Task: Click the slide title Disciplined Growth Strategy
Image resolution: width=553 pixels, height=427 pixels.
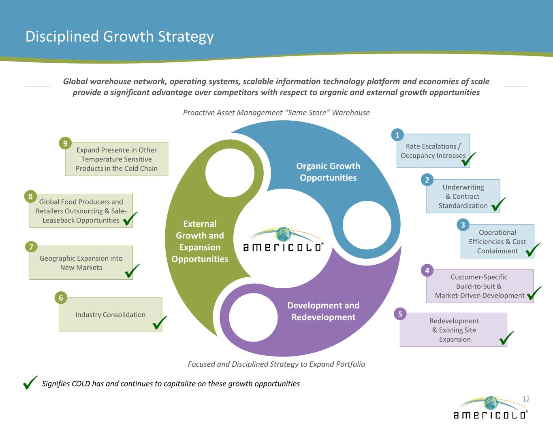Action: click(x=120, y=36)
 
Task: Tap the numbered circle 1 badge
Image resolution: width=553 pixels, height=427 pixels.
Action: click(x=397, y=135)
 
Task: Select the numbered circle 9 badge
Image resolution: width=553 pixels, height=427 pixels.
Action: click(x=65, y=143)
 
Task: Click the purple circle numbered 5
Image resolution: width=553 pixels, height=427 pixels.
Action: click(x=400, y=314)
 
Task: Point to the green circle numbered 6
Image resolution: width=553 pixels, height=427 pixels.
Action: click(x=61, y=297)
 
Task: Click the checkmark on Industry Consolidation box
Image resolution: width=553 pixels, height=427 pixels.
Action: click(x=160, y=323)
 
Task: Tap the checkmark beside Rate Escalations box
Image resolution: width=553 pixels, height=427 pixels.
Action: click(x=468, y=159)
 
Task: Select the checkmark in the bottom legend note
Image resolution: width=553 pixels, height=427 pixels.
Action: click(x=30, y=382)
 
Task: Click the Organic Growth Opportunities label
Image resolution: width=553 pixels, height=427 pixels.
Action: click(x=328, y=172)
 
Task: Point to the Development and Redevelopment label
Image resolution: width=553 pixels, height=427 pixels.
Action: click(x=323, y=311)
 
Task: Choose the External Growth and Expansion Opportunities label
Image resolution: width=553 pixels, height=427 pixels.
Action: click(x=200, y=241)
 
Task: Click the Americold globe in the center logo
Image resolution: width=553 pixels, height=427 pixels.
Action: click(x=283, y=234)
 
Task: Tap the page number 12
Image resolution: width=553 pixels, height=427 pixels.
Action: click(x=526, y=399)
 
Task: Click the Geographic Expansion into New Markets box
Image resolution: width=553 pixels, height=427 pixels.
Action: click(x=81, y=263)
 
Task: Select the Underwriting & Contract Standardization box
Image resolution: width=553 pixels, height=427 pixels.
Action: click(x=463, y=196)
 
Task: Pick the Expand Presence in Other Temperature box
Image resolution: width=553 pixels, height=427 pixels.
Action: click(x=117, y=159)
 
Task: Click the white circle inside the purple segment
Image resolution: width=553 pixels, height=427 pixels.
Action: click(x=253, y=317)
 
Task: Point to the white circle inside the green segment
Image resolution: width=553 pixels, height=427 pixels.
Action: click(x=230, y=173)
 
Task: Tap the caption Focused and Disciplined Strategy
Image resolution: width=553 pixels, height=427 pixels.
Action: click(x=276, y=364)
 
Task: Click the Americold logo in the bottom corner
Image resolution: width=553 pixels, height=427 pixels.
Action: click(x=491, y=408)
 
